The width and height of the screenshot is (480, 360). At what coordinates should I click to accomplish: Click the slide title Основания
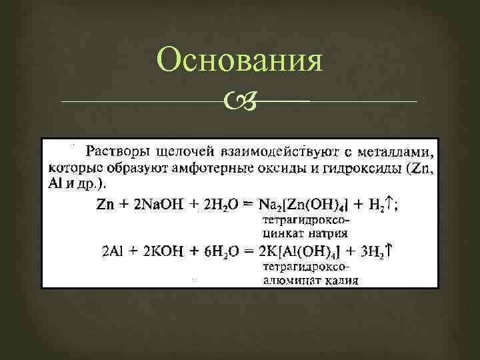(x=240, y=62)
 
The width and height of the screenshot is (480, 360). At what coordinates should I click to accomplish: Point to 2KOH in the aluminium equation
(x=160, y=252)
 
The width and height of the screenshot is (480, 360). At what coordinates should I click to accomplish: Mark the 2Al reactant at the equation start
(x=114, y=252)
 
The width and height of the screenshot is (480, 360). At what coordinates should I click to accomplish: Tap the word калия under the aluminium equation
(x=337, y=281)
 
